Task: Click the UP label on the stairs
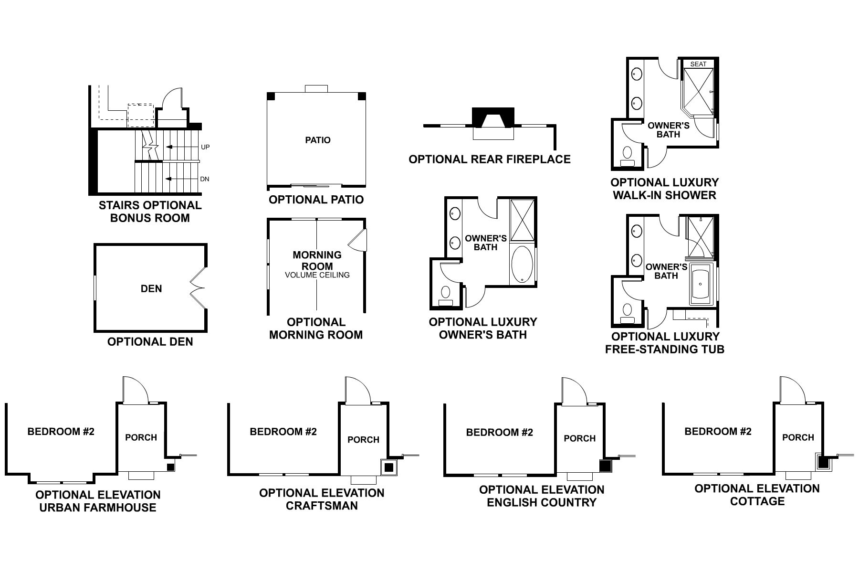(205, 147)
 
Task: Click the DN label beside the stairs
(205, 179)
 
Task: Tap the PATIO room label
(318, 140)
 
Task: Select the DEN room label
(151, 288)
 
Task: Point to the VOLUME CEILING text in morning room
(317, 275)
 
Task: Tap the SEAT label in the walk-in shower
(698, 64)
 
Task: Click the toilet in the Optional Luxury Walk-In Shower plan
(628, 154)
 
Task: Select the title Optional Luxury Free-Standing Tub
(665, 343)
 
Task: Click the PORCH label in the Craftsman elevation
(363, 439)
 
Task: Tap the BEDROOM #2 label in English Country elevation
(499, 433)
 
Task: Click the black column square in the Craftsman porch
(388, 467)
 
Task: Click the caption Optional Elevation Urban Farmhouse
(98, 501)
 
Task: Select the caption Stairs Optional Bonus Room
(150, 212)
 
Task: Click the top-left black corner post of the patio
(271, 96)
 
